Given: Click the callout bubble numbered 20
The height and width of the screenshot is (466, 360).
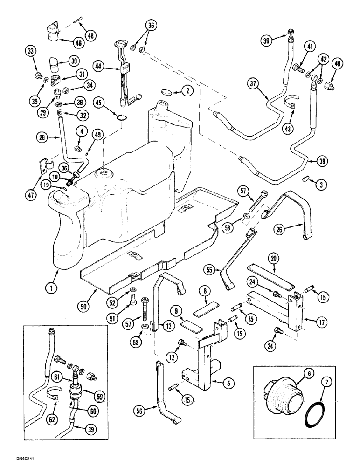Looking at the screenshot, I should (x=274, y=258).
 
